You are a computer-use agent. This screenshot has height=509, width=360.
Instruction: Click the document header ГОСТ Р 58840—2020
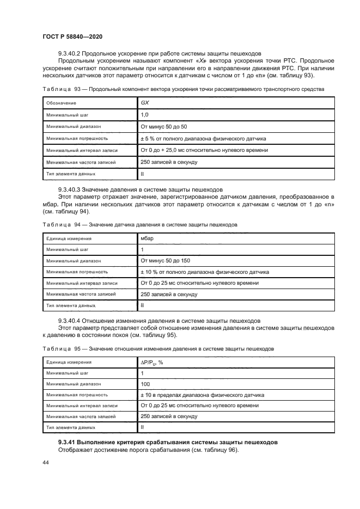[x=72, y=36]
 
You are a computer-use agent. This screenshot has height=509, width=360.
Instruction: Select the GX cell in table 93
[x=145, y=102]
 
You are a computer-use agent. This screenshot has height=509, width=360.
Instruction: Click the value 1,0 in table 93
[x=145, y=114]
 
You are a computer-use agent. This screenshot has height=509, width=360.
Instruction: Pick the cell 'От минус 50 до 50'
[x=163, y=126]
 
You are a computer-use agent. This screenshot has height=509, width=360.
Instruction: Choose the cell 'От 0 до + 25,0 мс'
[x=204, y=150]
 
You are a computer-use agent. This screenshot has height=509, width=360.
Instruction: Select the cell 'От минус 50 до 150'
[x=166, y=261]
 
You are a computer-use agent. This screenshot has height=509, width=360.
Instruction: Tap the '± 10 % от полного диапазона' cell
[x=204, y=272]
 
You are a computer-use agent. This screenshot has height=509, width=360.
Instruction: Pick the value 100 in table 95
[x=145, y=384]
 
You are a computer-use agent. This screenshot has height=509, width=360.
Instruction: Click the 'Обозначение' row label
[x=61, y=103]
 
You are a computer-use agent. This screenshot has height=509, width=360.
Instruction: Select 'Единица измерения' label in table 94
[x=69, y=238]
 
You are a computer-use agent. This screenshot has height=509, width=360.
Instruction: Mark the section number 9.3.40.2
[x=75, y=53]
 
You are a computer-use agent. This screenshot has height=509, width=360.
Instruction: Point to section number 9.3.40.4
[x=75, y=321]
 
